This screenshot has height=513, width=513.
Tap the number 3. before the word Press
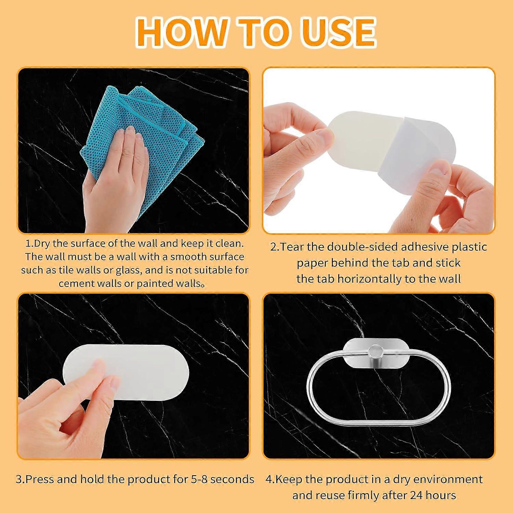(21, 479)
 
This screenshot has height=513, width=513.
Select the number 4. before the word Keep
(271, 479)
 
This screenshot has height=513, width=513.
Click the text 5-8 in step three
(195, 479)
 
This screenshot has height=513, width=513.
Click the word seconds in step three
(232, 479)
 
